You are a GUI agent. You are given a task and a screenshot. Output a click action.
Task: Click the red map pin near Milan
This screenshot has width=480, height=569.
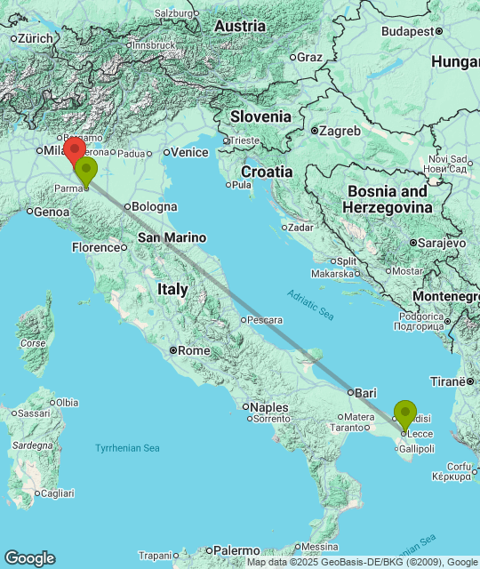click(x=75, y=149)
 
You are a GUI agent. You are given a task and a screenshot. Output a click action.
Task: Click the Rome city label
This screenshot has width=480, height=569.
click(x=194, y=350)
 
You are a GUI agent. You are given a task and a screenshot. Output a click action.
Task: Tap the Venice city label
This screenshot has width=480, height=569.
click(x=188, y=152)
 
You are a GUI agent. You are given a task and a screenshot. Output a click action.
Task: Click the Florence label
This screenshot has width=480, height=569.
click(x=94, y=247)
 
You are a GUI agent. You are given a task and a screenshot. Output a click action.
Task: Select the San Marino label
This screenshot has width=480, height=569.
click(x=172, y=237)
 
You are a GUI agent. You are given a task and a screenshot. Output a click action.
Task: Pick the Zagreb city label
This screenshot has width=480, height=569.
click(x=340, y=131)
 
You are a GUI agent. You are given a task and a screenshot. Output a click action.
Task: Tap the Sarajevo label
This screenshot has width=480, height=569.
click(x=442, y=242)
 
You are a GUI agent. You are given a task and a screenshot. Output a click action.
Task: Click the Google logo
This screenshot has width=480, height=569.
click(x=29, y=557)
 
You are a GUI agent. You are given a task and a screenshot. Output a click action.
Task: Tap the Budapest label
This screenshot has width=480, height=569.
click(x=406, y=31)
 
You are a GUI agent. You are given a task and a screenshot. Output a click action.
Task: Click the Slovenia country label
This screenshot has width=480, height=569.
click(x=260, y=116)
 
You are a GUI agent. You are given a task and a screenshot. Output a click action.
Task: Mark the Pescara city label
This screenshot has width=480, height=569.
click(x=266, y=319)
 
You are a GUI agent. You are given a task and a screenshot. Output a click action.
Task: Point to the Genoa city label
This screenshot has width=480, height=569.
click(x=52, y=212)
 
